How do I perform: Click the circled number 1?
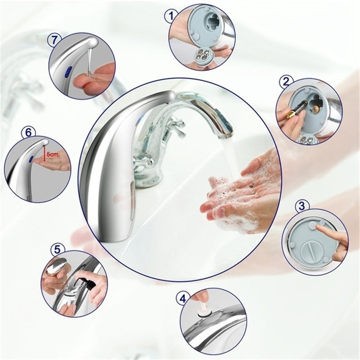tap(171, 17)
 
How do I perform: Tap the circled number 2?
tap(285, 82)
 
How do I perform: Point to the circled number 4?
tap(182, 298)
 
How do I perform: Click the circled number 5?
tap(58, 249)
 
